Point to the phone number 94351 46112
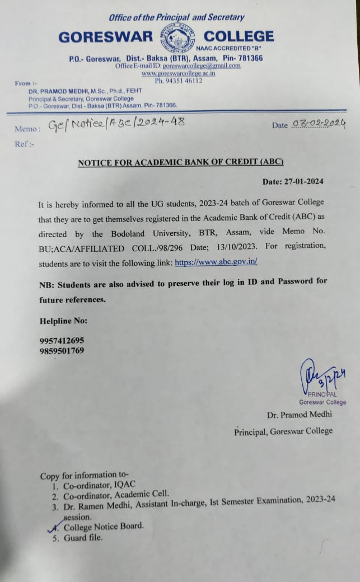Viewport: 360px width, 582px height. click(179, 81)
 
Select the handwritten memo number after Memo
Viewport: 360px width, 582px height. click(116, 124)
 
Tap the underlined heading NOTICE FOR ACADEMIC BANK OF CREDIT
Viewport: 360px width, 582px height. click(180, 162)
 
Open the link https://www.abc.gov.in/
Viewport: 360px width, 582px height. click(216, 261)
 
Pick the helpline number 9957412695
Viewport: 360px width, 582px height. click(62, 341)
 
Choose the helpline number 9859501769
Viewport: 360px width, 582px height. click(62, 351)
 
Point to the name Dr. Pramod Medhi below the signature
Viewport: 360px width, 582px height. click(300, 414)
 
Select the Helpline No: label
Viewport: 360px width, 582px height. click(63, 321)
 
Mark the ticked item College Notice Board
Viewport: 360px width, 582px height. click(104, 526)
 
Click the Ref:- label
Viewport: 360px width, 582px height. click(24, 144)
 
